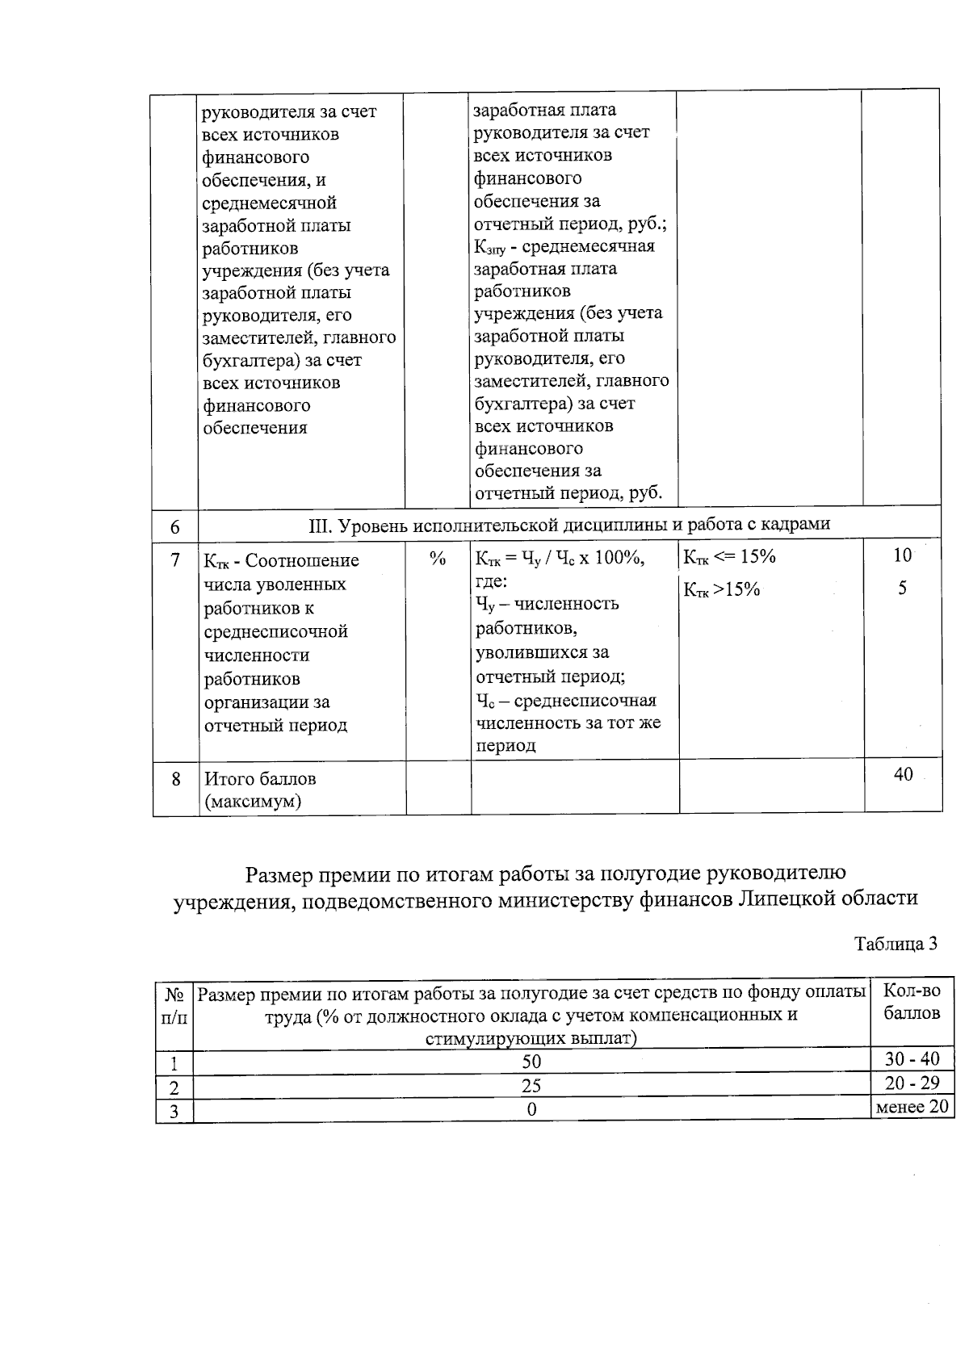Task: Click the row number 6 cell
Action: (175, 527)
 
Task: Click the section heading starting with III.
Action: (569, 525)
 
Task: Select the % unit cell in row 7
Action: (438, 559)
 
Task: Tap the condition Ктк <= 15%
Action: (729, 556)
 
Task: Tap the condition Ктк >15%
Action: (722, 589)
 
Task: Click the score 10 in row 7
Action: (902, 555)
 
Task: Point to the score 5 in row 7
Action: (902, 589)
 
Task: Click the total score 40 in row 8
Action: (903, 774)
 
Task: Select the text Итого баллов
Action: (260, 779)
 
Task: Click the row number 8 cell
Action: (175, 779)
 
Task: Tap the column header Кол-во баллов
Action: (912, 1001)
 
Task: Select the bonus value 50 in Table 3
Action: (531, 1061)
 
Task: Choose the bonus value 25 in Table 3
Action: (531, 1085)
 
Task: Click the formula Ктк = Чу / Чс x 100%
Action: (560, 558)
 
